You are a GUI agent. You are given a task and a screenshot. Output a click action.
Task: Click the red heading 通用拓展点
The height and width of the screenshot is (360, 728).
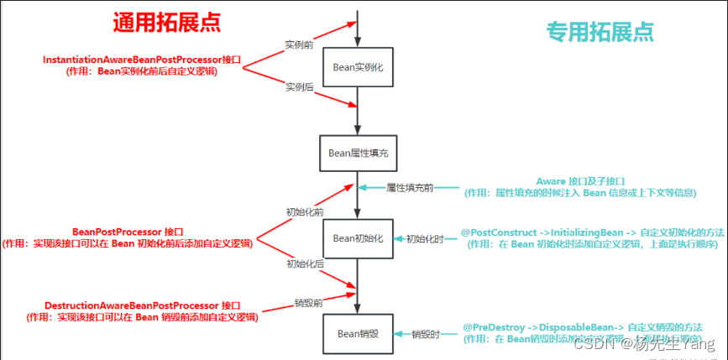tap(167, 23)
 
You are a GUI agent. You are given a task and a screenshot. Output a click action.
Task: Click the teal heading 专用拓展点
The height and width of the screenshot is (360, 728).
tap(600, 31)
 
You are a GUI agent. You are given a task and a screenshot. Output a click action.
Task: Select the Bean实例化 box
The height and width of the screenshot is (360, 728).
tap(359, 67)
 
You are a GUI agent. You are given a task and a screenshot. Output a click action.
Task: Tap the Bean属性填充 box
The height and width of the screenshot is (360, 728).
tap(359, 154)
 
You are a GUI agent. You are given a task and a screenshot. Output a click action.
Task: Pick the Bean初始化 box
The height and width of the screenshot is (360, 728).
tap(359, 238)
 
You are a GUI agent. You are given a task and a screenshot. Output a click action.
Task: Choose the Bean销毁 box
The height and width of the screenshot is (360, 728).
tap(359, 333)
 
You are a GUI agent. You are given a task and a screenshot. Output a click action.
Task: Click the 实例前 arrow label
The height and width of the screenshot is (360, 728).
tap(300, 43)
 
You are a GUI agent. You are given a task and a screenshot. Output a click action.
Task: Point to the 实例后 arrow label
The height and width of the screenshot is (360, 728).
tap(300, 86)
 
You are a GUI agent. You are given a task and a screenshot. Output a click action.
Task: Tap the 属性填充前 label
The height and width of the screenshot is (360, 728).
tap(410, 187)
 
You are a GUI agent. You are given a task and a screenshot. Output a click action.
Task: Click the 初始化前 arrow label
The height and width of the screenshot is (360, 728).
tap(305, 212)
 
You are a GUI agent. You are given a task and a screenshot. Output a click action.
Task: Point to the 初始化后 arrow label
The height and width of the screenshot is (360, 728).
tap(305, 264)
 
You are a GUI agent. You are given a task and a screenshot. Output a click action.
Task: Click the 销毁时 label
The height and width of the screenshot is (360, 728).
tap(427, 333)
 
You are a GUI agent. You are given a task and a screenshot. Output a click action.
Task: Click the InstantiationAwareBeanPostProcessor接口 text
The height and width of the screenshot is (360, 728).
tap(142, 60)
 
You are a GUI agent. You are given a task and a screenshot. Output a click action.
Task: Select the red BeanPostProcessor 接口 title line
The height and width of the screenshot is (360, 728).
tap(128, 232)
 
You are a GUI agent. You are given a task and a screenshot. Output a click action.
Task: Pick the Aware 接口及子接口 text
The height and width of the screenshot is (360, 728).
tap(580, 181)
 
